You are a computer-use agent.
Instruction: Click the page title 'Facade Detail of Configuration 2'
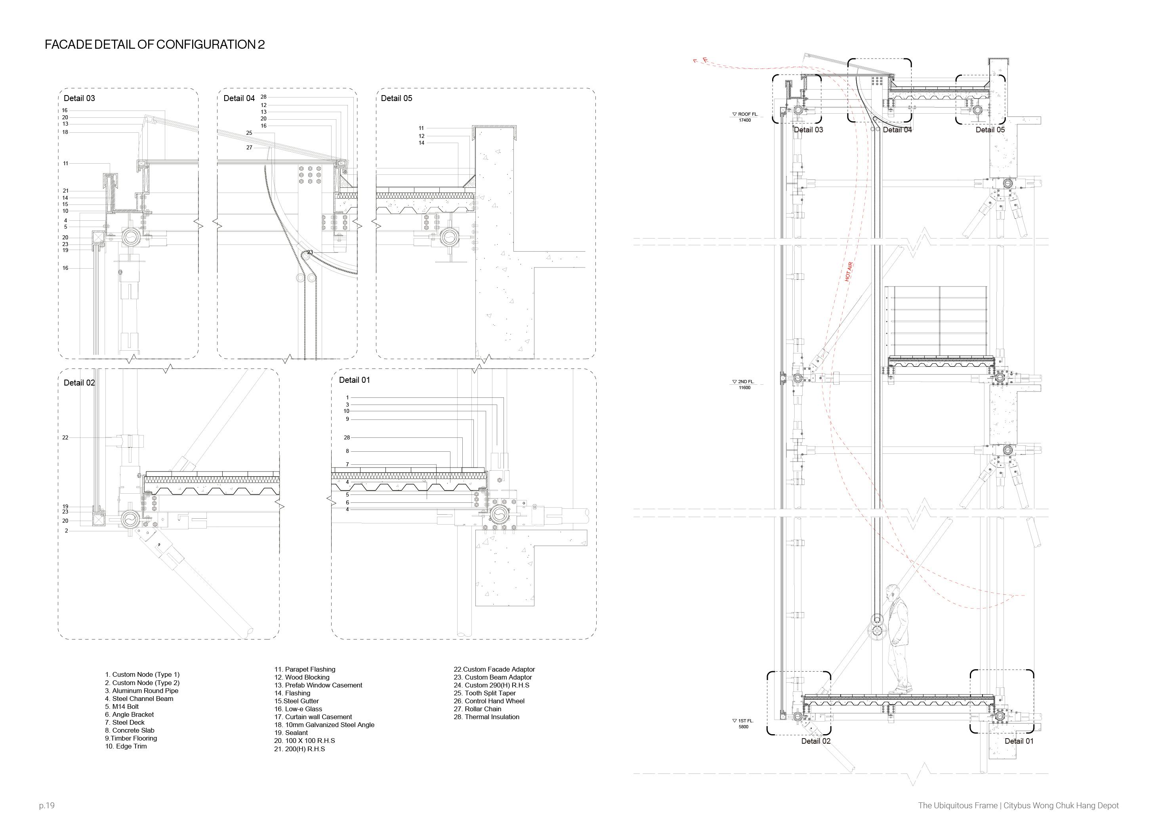155,45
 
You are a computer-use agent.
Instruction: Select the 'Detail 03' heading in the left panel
79,98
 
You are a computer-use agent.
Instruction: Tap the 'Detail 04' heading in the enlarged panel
239,98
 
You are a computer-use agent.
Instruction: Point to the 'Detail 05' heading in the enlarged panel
397,98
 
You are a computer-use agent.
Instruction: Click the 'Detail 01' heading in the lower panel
354,380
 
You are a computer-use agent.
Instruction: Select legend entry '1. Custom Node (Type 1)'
142,674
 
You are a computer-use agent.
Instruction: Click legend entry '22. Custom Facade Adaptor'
494,669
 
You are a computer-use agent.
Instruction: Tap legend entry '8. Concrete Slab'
130,730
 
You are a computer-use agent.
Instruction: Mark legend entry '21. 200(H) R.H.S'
300,749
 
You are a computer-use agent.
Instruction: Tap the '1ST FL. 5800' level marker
744,724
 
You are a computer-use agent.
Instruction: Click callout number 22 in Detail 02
65,438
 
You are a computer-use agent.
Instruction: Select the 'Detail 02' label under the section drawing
816,741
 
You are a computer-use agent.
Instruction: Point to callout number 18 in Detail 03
65,132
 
